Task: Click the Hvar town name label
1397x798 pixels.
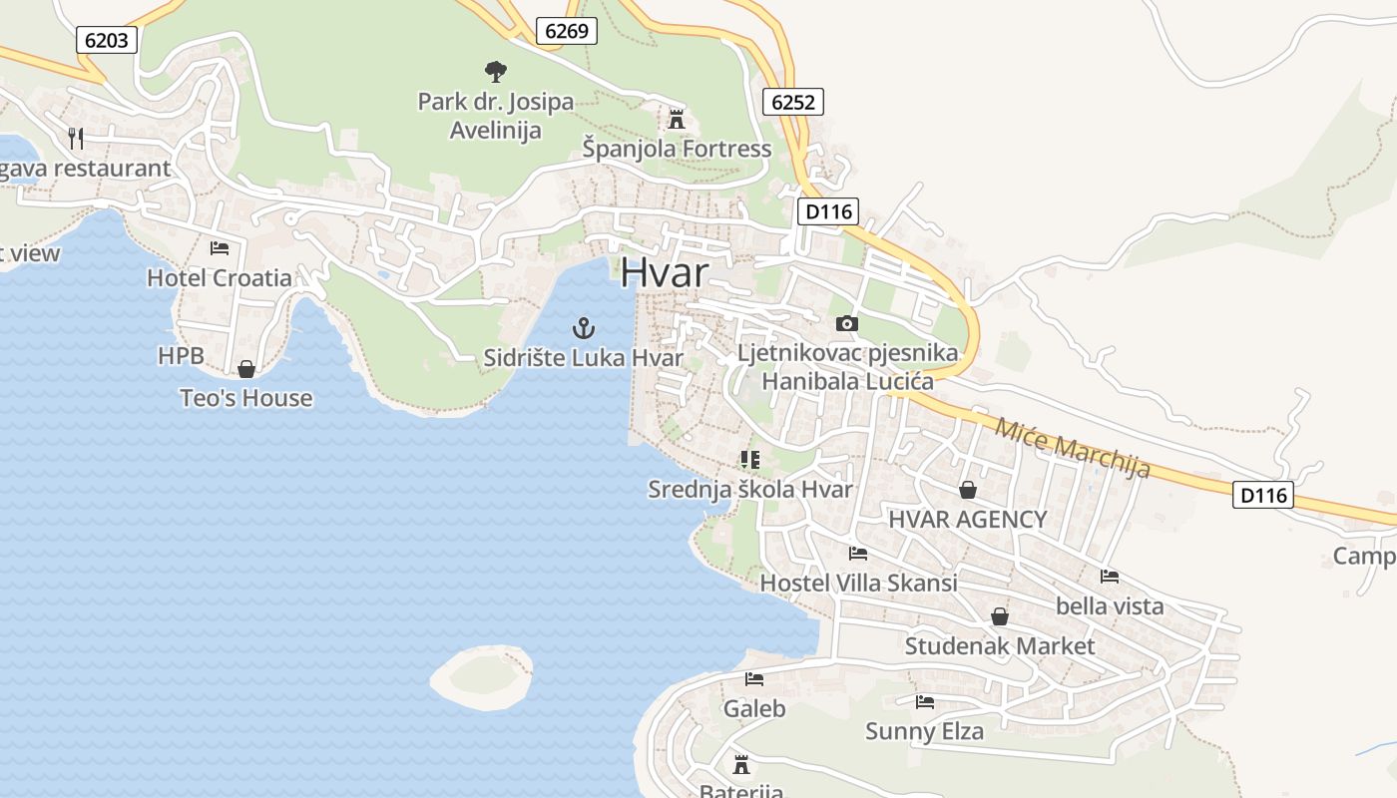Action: [x=665, y=273]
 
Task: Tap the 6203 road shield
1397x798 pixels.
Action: [x=106, y=39]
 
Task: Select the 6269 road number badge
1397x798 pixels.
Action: [x=567, y=31]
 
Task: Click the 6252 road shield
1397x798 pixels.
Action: [x=793, y=101]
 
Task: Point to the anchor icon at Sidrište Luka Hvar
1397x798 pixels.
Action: [x=583, y=327]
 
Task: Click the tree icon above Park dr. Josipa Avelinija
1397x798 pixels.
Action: [x=495, y=72]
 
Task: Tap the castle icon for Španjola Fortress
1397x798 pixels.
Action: [x=677, y=120]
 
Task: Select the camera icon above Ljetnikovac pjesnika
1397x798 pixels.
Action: [x=846, y=323]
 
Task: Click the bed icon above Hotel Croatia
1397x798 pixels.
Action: [x=220, y=247]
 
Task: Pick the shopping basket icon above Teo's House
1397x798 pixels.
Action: [x=246, y=369]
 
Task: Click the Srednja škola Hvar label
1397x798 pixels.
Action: [x=750, y=490]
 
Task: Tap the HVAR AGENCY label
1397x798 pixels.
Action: [x=967, y=519]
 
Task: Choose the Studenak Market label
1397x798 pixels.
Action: [x=999, y=646]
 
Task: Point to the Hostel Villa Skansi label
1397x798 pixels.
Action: [x=858, y=583]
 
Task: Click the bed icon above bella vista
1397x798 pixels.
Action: [x=1109, y=576]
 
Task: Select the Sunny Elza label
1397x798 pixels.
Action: [x=924, y=731]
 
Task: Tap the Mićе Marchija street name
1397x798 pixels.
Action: [x=1072, y=446]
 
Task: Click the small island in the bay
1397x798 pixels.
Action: [x=482, y=677]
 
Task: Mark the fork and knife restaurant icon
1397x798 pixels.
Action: [x=76, y=138]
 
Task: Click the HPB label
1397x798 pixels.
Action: [x=181, y=356]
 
